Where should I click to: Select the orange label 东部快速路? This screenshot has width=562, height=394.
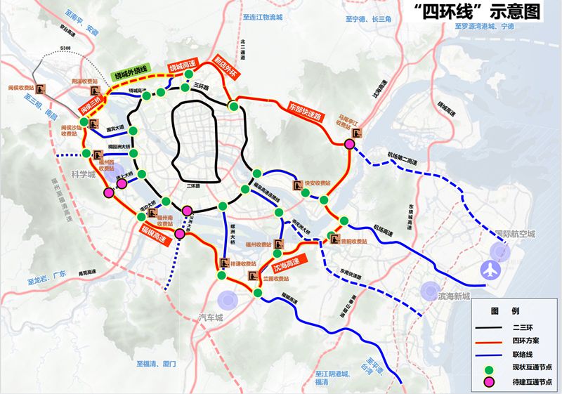pos(308,111)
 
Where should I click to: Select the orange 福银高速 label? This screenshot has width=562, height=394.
pos(152,230)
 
